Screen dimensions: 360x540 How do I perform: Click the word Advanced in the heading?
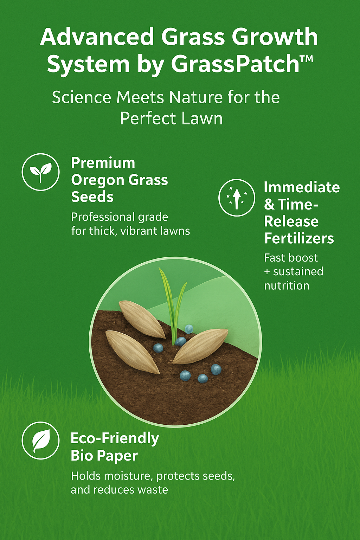(x=97, y=37)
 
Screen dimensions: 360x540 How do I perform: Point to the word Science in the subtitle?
(x=82, y=98)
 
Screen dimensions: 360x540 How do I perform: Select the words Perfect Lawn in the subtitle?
(x=171, y=118)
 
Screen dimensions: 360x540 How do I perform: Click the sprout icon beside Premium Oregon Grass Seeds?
(x=40, y=172)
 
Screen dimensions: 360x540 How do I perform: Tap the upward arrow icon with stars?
(x=237, y=198)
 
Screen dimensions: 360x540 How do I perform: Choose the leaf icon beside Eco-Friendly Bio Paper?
(x=40, y=441)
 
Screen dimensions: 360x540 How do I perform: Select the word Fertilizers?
(x=299, y=238)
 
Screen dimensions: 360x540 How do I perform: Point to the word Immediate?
(x=302, y=187)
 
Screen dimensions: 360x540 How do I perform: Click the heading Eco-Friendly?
(x=115, y=438)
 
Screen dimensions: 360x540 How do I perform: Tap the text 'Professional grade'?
(x=120, y=217)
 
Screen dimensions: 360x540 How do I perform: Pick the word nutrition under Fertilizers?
(x=287, y=285)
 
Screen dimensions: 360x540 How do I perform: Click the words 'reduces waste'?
(x=131, y=490)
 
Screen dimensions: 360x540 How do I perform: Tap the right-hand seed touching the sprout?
(x=200, y=346)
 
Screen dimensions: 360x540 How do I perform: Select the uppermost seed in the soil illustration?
(x=142, y=319)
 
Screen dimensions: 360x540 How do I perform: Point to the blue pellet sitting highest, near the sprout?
(x=189, y=329)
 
